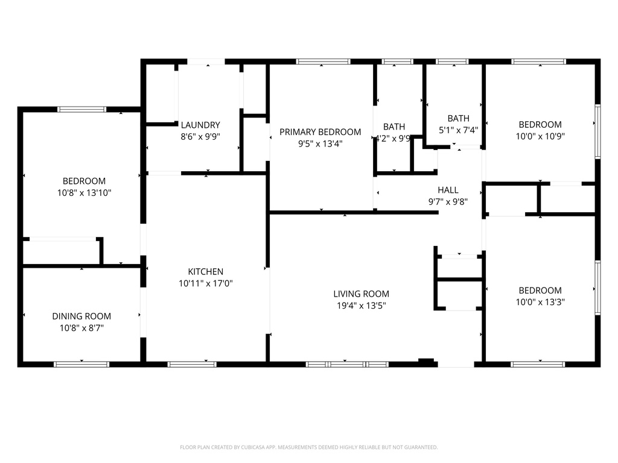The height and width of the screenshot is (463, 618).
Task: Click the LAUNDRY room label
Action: (200, 125)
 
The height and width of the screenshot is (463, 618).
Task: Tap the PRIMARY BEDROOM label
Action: (320, 132)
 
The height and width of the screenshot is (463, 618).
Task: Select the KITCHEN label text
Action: (205, 272)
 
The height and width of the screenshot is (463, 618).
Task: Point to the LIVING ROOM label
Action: (361, 294)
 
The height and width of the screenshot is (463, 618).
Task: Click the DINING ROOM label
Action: (81, 316)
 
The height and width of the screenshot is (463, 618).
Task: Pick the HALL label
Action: (448, 190)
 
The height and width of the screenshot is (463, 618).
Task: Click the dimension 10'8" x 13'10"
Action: (84, 193)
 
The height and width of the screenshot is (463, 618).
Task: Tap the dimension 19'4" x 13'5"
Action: (361, 306)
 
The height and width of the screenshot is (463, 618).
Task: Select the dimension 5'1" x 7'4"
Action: (458, 130)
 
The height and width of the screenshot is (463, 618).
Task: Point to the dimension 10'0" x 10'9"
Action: (540, 136)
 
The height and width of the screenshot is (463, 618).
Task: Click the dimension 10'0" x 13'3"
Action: (540, 302)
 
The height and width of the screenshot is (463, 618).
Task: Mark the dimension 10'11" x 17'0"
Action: (205, 283)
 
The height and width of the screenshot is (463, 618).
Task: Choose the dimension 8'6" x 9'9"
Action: (200, 136)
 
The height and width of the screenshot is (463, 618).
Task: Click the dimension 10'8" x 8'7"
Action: (81, 328)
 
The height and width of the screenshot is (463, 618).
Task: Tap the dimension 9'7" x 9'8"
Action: (448, 201)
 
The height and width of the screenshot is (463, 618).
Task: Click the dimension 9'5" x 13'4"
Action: (320, 143)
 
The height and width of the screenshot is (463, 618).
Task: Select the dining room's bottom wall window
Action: (81, 364)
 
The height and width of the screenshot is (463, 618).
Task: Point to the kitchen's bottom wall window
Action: (191, 364)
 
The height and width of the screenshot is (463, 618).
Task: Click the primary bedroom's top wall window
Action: (323, 61)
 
